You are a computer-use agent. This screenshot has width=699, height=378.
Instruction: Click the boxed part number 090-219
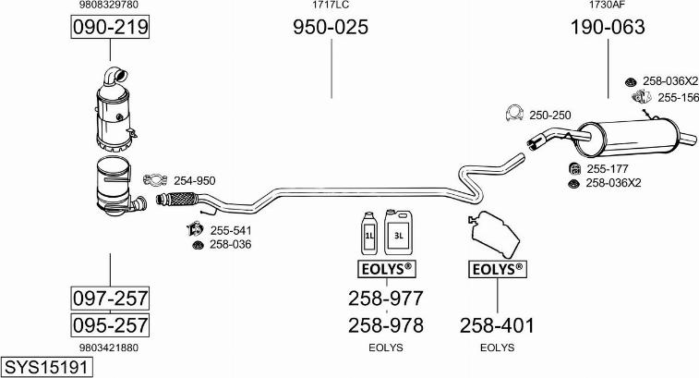[x=110, y=29]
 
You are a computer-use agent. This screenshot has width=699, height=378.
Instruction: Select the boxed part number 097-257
[x=110, y=299]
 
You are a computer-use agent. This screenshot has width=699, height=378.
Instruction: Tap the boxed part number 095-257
[x=110, y=325]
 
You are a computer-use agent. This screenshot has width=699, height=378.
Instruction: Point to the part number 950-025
[x=331, y=29]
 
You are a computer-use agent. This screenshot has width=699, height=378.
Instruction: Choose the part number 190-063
[x=607, y=29]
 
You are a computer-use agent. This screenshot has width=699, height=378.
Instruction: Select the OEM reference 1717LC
[x=331, y=6]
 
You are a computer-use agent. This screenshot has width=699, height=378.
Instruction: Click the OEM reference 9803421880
[x=110, y=348]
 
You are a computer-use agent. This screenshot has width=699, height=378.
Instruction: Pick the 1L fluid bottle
[x=368, y=235]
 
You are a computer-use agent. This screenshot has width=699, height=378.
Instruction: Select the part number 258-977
[x=385, y=299]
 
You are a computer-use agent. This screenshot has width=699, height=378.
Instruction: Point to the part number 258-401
[x=497, y=325]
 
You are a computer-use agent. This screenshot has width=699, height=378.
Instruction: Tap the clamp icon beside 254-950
[x=155, y=179]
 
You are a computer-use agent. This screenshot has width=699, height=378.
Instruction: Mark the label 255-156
[x=678, y=97]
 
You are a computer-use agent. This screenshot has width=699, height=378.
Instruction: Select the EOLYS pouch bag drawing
[x=497, y=234]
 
